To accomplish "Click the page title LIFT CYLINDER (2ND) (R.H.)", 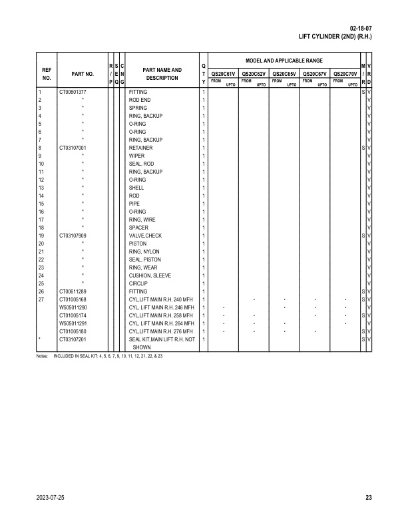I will (x=335, y=37).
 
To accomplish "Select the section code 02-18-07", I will (x=360, y=28).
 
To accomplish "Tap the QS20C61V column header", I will (x=222, y=74).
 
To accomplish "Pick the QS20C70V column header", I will (x=345, y=74).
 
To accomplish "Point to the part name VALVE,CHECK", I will (x=145, y=236).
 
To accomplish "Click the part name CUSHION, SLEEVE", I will (x=150, y=275).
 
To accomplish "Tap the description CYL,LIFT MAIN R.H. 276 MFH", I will (x=160, y=331).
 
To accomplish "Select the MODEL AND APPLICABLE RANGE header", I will (x=284, y=61).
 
